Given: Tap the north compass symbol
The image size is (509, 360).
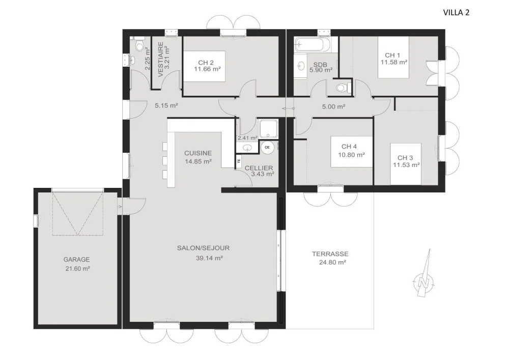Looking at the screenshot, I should [422, 280].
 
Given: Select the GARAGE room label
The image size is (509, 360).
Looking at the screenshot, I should [76, 259].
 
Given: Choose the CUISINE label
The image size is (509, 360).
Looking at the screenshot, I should [197, 153].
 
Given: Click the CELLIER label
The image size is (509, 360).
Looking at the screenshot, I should [259, 168].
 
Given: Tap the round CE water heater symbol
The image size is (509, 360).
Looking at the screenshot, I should [267, 148].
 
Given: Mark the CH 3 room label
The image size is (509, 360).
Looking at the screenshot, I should [406, 157].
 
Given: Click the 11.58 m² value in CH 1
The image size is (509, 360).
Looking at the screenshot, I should [394, 62].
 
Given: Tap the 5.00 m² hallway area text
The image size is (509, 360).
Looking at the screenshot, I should [333, 106].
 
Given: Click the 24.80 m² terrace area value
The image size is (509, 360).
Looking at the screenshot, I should [333, 262].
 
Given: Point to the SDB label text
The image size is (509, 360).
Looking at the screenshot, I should [320, 65].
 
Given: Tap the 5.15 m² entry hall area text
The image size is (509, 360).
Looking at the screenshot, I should [166, 106].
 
